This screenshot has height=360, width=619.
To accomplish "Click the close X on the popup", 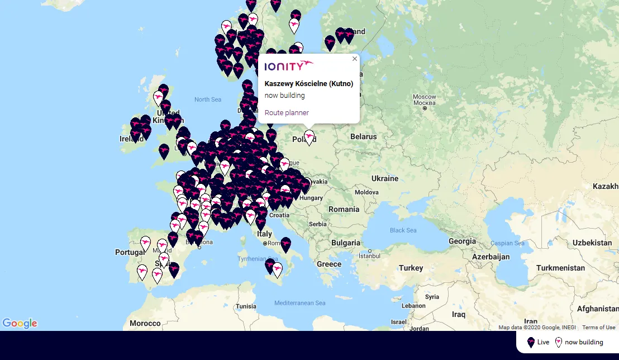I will (354, 59).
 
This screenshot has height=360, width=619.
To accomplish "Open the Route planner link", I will (287, 113).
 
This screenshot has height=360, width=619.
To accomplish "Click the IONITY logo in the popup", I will (289, 66).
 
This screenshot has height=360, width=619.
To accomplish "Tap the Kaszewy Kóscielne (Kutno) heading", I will (308, 84).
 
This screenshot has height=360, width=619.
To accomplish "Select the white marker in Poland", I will (309, 137).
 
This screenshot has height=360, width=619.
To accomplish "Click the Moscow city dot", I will (425, 108).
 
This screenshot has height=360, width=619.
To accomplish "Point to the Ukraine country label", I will (385, 178).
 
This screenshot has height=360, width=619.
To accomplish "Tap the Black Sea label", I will (403, 230).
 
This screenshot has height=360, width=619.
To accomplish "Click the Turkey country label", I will (411, 268).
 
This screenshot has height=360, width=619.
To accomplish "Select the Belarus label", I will (364, 136).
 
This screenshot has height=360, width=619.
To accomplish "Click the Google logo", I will (20, 323).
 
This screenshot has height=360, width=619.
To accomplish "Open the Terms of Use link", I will (598, 328).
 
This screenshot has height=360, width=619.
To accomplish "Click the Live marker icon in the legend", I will (531, 342).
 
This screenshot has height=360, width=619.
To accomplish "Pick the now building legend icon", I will (558, 342).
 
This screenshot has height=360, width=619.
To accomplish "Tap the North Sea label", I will (208, 100).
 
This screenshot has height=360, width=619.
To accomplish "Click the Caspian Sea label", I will (507, 243).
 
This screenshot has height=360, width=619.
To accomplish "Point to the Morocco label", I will (145, 323).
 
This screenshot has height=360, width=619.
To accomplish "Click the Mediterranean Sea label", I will (299, 303).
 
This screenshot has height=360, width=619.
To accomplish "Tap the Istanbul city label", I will (369, 255).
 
